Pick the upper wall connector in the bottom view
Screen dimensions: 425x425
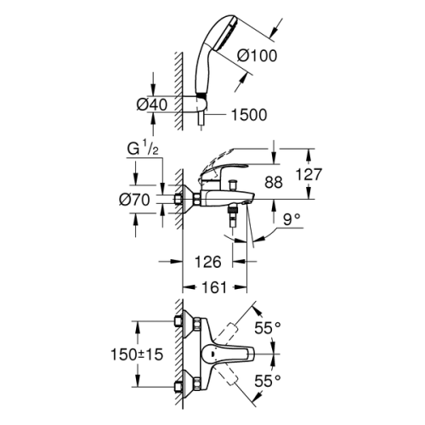pyautogui.click(x=181, y=322)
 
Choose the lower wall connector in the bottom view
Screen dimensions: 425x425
pyautogui.click(x=181, y=385)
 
